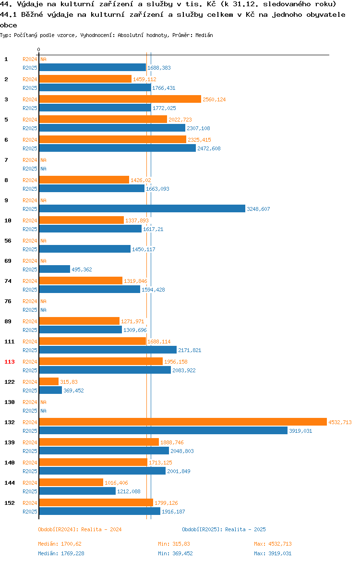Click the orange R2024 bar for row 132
(183, 422)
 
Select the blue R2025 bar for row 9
(142, 208)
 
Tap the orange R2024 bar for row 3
(120, 99)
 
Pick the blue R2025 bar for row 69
(55, 269)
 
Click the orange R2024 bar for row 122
(49, 381)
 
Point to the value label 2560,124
(214, 99)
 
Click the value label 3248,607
(258, 209)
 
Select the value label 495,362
(82, 269)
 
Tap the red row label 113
(10, 362)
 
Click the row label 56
(8, 241)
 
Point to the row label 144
(10, 483)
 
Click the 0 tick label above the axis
(39, 49)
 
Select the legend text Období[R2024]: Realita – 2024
(80, 529)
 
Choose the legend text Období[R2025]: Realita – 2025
(224, 529)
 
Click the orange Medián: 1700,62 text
(60, 544)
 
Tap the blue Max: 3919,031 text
(273, 553)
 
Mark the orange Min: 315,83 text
(174, 544)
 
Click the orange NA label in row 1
(43, 59)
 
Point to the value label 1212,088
(129, 491)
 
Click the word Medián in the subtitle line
(204, 35)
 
